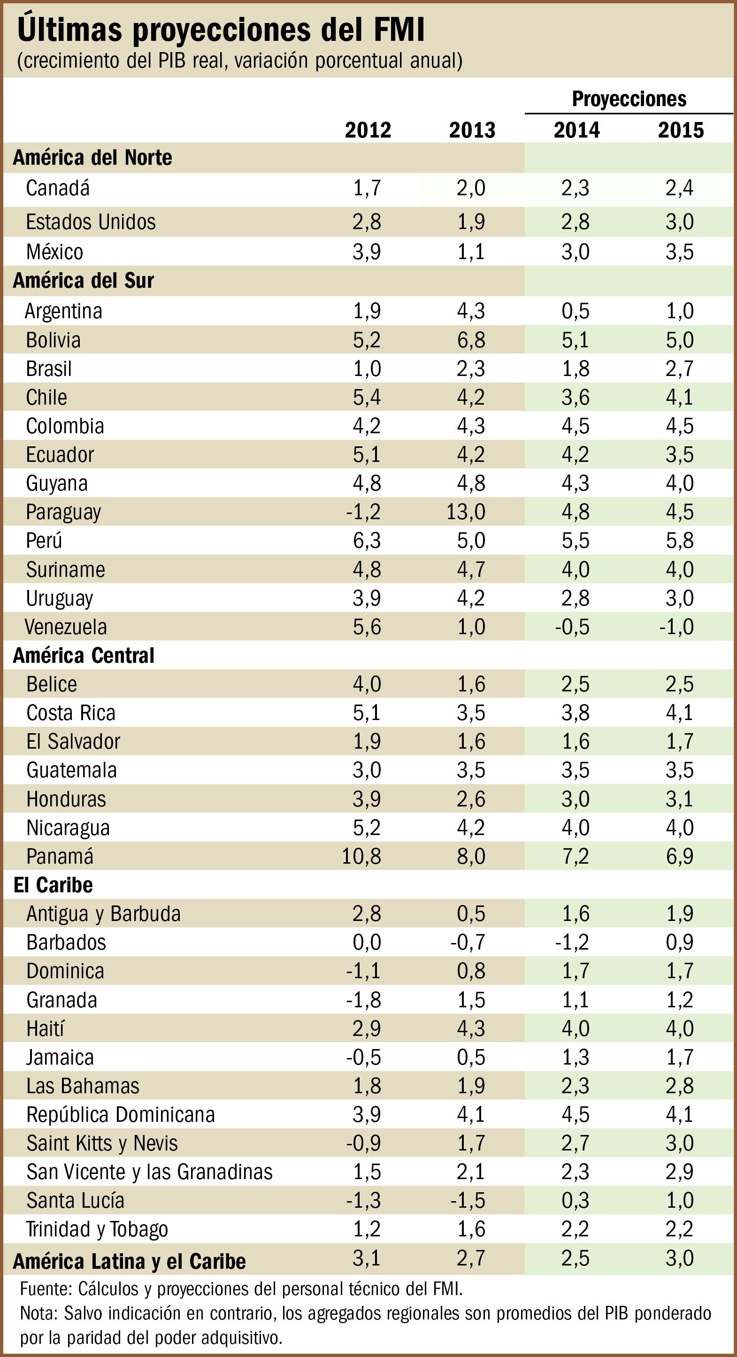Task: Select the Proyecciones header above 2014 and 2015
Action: [x=629, y=99]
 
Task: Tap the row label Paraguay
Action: [x=63, y=512]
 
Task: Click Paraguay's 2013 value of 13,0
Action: [x=466, y=512]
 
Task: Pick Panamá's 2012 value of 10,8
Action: [x=361, y=856]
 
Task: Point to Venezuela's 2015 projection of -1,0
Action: [x=676, y=627]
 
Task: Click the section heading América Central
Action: [x=83, y=655]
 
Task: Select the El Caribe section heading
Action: [x=53, y=885]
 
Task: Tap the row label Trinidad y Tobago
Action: [x=97, y=1229]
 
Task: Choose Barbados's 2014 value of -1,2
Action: [x=572, y=942]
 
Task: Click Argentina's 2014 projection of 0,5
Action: [x=575, y=311]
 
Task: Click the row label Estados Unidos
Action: [x=91, y=222]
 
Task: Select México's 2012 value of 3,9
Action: [x=367, y=252]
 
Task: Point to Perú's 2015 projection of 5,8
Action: [x=680, y=540]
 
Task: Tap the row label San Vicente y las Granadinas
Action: [x=149, y=1172]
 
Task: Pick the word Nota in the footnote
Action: [x=38, y=1313]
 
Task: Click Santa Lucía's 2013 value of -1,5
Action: [x=467, y=1201]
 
